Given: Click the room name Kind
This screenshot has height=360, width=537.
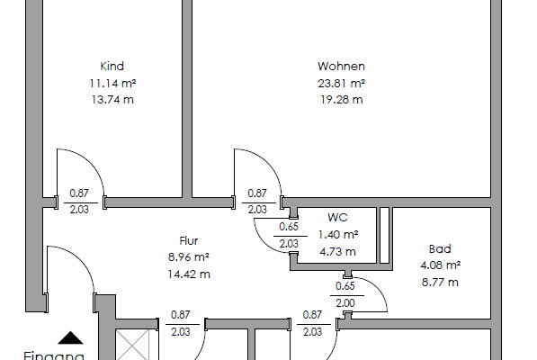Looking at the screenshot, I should coord(112,66).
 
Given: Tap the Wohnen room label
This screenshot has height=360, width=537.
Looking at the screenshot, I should coord(341,66).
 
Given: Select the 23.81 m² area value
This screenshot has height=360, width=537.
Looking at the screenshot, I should coord(341,83).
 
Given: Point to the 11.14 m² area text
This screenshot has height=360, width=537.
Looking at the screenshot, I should coord(112,83).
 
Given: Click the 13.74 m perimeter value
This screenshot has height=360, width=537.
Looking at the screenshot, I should coord(112,99).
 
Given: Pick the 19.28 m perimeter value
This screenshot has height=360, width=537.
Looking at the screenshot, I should coord(341,99).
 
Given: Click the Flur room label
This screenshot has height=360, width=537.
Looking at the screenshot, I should coord(189,240).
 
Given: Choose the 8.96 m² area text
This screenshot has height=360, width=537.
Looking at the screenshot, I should coord(189,256).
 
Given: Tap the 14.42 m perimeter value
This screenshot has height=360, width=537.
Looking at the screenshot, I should coord(189,274).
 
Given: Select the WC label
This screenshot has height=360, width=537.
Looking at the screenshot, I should coord(337,218).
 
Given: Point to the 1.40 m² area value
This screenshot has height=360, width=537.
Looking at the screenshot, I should coord(337,234).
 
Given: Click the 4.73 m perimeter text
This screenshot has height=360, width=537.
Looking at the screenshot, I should coord(337,251).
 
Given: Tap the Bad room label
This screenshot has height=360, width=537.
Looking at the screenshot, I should coord(440,248).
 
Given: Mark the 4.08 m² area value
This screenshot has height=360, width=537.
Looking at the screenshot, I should coord(440,265).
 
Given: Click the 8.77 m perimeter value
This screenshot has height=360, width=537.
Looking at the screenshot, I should coord(440,282).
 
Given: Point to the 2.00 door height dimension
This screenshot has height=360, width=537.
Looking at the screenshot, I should coord(345,302).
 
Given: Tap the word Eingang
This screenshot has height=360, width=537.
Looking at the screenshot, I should coord(54,355).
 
